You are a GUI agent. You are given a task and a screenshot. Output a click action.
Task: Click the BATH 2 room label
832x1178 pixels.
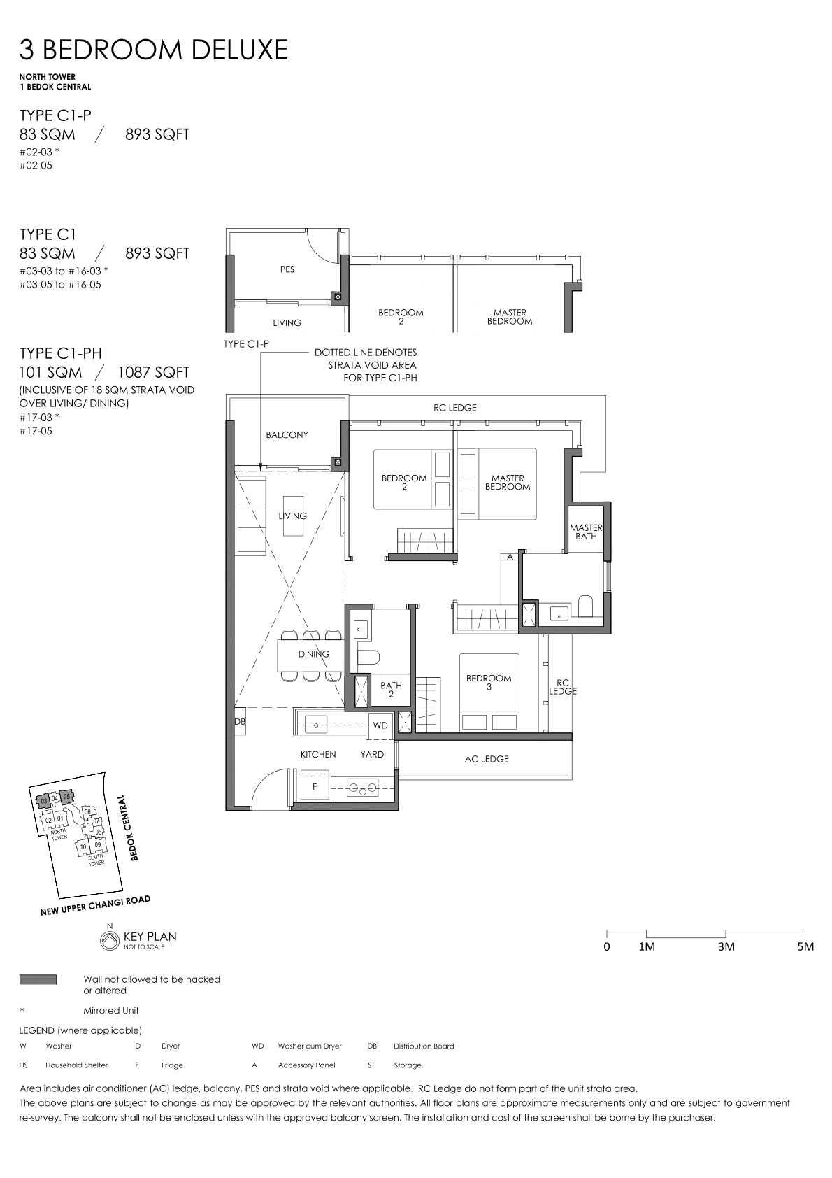(391, 690)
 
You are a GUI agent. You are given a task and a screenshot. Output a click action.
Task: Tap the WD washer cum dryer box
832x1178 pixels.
(380, 725)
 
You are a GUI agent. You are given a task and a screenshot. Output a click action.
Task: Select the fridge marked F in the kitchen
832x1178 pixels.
(315, 786)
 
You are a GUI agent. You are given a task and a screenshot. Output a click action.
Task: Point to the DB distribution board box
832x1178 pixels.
(240, 721)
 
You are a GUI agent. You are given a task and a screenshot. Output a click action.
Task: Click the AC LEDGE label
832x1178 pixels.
(487, 759)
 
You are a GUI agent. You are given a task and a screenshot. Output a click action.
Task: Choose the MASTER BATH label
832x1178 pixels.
(586, 532)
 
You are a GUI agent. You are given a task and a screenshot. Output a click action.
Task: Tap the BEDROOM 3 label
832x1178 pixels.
(489, 682)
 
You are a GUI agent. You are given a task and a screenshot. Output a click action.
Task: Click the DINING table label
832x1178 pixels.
(314, 653)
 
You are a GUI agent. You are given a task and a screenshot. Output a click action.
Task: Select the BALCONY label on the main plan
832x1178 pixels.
(287, 434)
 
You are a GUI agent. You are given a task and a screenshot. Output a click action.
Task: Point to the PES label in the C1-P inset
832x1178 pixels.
(287, 269)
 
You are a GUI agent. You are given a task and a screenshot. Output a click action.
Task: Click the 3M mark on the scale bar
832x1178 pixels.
(726, 946)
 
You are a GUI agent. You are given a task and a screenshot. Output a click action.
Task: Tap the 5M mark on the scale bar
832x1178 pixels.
(805, 946)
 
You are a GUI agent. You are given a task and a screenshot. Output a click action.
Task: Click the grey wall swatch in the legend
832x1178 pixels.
(38, 979)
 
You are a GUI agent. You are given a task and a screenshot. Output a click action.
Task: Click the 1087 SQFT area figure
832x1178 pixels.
(153, 372)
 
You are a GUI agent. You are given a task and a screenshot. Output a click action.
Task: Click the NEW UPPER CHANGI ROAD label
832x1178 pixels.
(95, 905)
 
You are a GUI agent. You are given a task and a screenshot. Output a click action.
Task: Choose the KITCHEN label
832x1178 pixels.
(318, 754)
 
